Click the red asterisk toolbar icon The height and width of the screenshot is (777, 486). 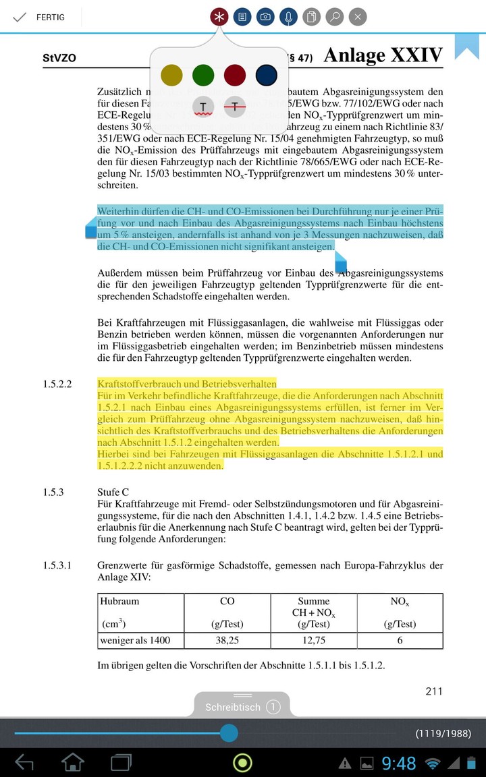(219, 17)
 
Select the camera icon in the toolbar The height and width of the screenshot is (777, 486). (265, 17)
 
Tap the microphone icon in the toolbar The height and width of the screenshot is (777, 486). (288, 17)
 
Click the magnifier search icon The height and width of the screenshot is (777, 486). (334, 17)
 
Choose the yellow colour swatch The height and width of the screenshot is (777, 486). (172, 75)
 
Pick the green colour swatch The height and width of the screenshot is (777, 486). (203, 75)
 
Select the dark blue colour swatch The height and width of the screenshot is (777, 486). (266, 75)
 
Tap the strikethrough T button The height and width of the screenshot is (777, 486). (234, 107)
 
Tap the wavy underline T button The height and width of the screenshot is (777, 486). (203, 107)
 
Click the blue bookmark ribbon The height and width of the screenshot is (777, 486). (466, 45)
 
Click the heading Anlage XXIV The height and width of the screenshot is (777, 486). (383, 55)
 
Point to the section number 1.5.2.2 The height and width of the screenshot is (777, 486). (57, 384)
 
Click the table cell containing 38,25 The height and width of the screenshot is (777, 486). (227, 640)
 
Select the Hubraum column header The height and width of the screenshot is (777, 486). (119, 601)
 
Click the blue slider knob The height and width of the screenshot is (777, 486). (229, 732)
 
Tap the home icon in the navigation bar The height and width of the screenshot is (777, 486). (73, 763)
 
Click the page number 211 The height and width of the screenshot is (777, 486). (434, 691)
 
